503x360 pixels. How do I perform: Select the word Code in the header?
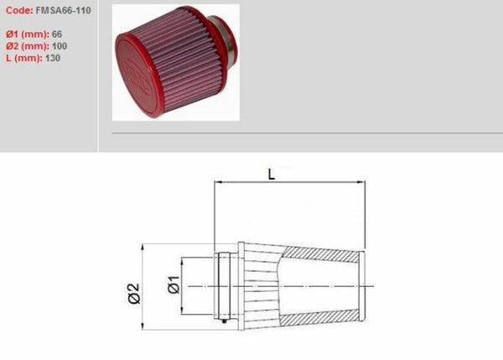click(18, 13)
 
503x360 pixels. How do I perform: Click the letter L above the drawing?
click(271, 174)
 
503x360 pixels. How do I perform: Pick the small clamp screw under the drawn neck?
click(226, 321)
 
